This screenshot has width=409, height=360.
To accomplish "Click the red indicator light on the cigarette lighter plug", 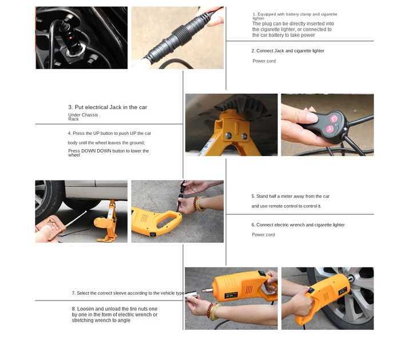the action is point(70,38).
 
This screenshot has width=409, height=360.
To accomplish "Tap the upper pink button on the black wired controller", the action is point(333,119).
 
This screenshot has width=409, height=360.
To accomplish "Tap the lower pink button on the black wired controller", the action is point(329,129).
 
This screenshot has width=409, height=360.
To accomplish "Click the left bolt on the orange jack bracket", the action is point(228,135).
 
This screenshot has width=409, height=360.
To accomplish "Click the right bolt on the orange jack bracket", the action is point(244,136).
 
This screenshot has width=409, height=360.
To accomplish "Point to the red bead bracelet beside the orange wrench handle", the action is point(196,203).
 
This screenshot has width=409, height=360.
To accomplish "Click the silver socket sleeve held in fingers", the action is point(192,294).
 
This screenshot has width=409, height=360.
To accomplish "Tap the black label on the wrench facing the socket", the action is point(231,295).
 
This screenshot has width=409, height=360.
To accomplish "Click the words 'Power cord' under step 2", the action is point(264,61).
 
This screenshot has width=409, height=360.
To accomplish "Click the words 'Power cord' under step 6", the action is point(263,235).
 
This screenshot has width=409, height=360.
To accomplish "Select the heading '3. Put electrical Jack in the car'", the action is point(108,107).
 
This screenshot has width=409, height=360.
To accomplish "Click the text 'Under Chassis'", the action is point(83,115).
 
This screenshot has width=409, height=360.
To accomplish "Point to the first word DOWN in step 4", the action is point(89,151).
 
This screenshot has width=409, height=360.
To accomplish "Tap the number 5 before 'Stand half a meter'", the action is point(253,196).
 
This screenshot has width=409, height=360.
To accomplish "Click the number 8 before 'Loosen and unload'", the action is point(74,309).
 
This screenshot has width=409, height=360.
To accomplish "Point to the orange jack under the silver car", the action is point(108,221).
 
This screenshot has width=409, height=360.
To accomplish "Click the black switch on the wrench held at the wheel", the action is point(311,290).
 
